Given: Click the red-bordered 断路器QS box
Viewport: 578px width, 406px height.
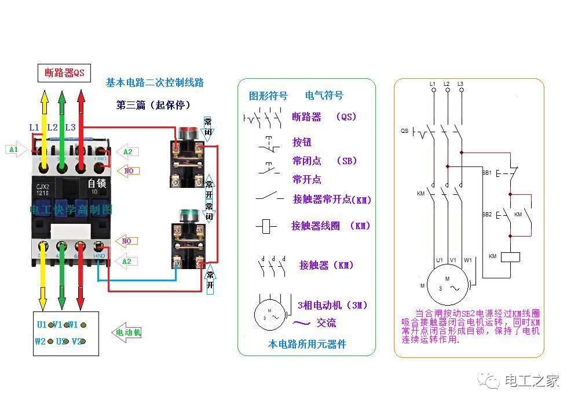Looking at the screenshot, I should tap(64, 73).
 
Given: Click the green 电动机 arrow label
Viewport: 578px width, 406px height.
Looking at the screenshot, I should tap(127, 332).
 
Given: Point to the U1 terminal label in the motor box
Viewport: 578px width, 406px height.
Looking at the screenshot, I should tap(42, 325).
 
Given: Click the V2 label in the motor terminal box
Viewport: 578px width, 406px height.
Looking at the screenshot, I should tap(77, 342).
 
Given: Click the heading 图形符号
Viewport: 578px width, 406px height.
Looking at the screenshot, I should tap(268, 96).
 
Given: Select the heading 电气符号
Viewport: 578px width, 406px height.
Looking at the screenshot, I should tap(324, 96).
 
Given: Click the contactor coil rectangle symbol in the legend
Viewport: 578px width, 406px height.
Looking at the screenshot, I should tap(266, 226).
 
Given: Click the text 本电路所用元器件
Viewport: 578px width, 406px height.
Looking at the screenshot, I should tap(306, 344).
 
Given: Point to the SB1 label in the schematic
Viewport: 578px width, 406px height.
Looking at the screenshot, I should tap(486, 173).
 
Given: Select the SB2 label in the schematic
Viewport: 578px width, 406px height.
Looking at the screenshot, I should tap(486, 215).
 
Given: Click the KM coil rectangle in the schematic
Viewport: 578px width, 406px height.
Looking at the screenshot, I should tap(510, 256).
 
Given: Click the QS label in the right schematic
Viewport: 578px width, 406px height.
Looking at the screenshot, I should tap(405, 131).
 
